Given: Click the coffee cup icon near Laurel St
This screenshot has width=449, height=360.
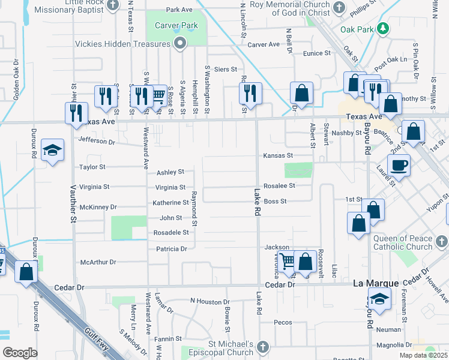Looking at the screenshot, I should (x=398, y=164).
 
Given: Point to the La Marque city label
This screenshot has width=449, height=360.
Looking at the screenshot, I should (x=376, y=283).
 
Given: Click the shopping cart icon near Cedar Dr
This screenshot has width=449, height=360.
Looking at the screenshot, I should (x=288, y=260).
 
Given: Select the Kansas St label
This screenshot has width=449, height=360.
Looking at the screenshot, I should (x=277, y=155).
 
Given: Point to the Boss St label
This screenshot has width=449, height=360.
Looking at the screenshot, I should (x=275, y=202).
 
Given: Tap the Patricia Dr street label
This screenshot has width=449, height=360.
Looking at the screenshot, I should (x=172, y=249).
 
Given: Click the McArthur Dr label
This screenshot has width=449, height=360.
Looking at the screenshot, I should (x=98, y=262).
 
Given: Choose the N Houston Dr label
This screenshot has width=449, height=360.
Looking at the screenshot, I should (x=209, y=301).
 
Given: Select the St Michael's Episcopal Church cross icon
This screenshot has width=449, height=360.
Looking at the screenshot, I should (x=263, y=347).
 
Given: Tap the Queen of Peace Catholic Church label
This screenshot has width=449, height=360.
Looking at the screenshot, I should (x=402, y=242).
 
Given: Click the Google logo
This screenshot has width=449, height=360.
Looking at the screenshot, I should (x=20, y=353).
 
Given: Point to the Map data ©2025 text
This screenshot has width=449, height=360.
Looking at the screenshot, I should (x=422, y=355).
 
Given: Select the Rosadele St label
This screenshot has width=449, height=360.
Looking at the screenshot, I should (x=171, y=232).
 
